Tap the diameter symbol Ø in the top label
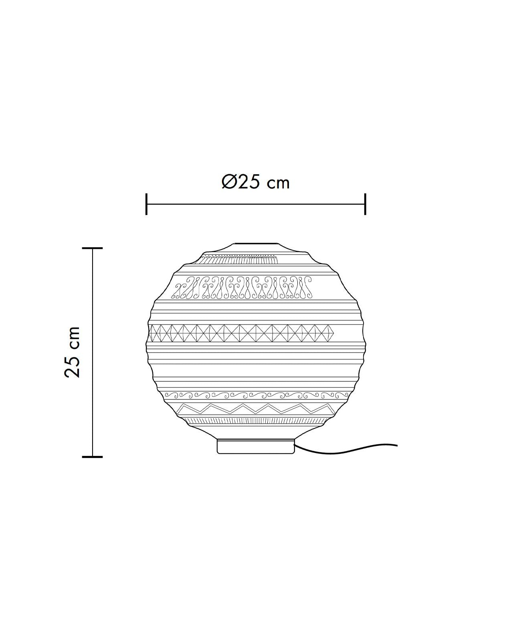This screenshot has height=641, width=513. pos(230,182)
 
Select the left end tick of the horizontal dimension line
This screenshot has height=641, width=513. pos(146,204)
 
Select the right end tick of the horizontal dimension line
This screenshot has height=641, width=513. pos(365,204)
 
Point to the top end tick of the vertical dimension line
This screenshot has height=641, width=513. pos(93,248)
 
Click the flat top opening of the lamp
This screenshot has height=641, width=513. pos(255,244)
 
